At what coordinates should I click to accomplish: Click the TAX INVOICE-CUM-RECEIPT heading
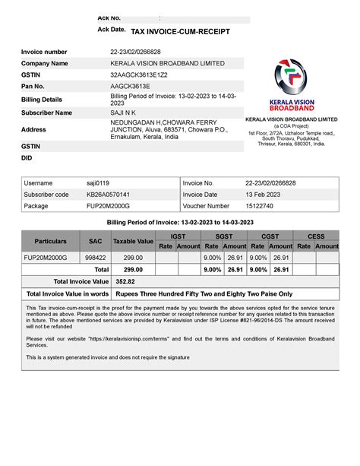180,33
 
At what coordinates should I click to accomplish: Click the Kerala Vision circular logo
291,78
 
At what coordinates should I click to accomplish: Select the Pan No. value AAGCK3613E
130,86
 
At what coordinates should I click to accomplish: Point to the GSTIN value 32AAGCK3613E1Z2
139,74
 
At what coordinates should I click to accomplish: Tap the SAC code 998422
95,258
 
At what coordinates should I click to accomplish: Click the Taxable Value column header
133,241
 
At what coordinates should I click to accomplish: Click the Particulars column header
50,241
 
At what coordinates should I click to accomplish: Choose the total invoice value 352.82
125,281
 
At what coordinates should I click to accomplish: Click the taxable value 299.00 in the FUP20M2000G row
133,258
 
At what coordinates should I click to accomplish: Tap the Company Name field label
45,63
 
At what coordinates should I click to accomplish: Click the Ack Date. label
111,29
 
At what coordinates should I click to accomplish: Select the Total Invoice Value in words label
67,293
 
